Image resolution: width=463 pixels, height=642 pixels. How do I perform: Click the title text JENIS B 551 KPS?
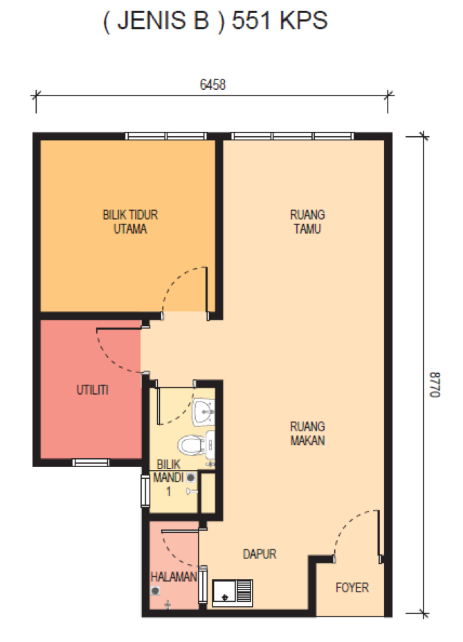tap(215, 21)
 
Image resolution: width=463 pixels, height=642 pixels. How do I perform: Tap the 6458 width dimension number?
tap(212, 84)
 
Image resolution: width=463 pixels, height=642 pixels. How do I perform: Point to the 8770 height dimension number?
tap(435, 384)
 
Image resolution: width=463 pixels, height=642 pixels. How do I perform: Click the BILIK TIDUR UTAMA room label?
tap(130, 222)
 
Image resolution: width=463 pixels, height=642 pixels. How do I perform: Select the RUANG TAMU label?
tap(307, 222)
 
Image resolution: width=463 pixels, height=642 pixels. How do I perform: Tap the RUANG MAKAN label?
tap(307, 433)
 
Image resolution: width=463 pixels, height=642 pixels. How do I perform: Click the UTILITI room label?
tap(92, 389)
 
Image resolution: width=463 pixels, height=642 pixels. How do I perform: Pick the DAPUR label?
tap(260, 554)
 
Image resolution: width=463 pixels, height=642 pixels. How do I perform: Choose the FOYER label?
tap(352, 587)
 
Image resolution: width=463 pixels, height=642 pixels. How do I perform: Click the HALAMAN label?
tap(174, 576)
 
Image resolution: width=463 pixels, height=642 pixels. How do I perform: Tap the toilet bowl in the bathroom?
tap(192, 444)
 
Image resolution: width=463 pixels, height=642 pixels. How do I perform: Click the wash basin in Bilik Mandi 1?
tap(203, 411)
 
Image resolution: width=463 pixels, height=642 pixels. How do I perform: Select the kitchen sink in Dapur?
tap(232, 592)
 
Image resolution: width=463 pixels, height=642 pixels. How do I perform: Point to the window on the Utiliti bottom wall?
tap(91, 462)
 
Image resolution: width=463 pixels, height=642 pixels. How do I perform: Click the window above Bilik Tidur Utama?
tap(166, 136)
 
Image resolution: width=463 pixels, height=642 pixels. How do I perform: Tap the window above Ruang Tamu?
tap(292, 136)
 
